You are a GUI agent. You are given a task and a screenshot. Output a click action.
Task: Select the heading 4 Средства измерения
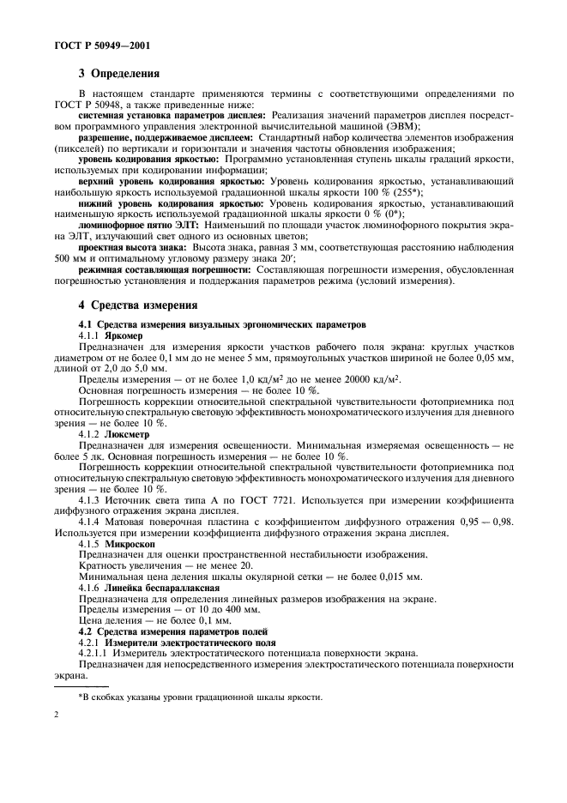[x=138, y=304]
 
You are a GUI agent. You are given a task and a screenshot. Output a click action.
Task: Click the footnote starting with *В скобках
[x=199, y=697]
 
